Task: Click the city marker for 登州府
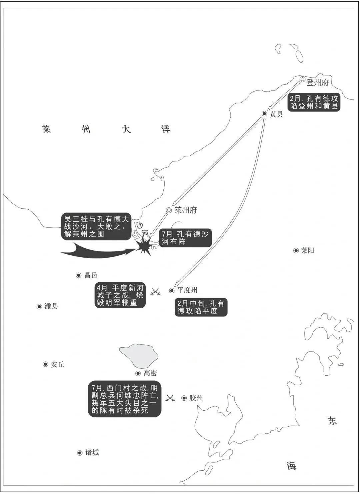click(x=302, y=79)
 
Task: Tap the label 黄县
click(x=277, y=114)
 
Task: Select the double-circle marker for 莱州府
click(x=169, y=210)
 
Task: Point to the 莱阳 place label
click(x=307, y=251)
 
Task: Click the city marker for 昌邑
click(x=79, y=275)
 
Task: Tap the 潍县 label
click(x=51, y=306)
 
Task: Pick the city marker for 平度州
click(x=172, y=291)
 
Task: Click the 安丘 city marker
click(x=46, y=364)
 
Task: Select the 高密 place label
click(x=150, y=373)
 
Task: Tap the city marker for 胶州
click(x=184, y=398)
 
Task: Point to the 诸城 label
click(x=92, y=453)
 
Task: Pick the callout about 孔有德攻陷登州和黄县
click(x=313, y=102)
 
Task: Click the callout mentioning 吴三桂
click(x=96, y=226)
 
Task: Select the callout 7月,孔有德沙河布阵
click(x=185, y=238)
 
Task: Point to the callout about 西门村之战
click(x=125, y=399)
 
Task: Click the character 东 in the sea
click(x=332, y=420)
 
